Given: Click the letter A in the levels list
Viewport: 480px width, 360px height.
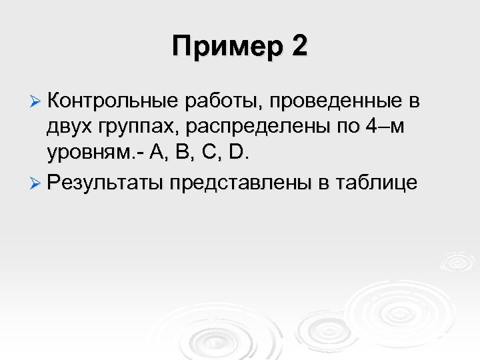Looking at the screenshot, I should (158, 153).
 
